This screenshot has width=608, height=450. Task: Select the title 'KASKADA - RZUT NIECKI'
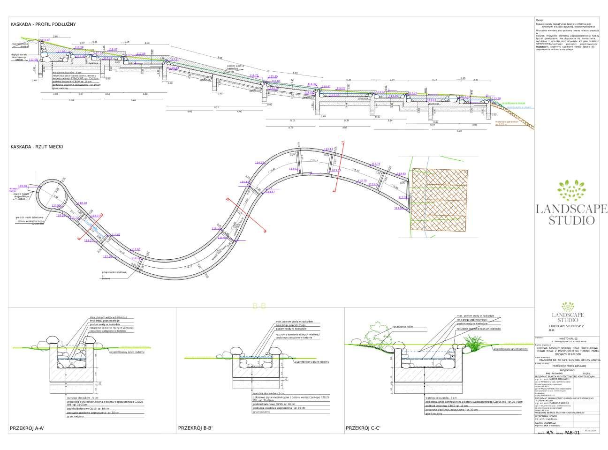point(37,147)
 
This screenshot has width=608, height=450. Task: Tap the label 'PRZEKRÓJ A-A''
point(27,428)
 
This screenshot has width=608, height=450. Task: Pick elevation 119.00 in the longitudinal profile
point(46,40)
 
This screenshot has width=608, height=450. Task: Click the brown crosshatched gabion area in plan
point(439,199)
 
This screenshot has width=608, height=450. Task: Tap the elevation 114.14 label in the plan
point(328,149)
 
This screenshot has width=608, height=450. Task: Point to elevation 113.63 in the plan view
point(401,174)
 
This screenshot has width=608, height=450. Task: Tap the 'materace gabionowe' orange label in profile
point(504,121)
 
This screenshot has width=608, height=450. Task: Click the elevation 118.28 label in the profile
point(79,47)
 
